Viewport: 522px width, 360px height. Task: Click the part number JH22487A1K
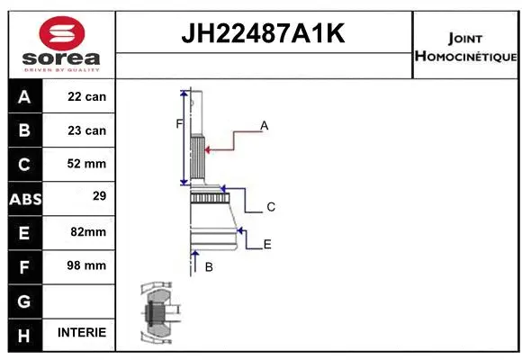[x=264, y=34]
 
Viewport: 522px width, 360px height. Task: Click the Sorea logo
[x=62, y=44]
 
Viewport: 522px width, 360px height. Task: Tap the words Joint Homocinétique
[x=464, y=48]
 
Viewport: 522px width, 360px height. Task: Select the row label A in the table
[x=24, y=97]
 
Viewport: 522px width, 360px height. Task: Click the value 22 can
[x=87, y=97]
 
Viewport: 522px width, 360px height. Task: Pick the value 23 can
[x=87, y=130]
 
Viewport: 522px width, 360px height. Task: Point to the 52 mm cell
[x=87, y=164]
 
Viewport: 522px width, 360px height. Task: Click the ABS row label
[x=24, y=198]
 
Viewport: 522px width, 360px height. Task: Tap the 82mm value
[x=87, y=231]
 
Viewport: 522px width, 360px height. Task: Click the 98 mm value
[x=87, y=265]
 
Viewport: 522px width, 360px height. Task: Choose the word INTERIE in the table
[x=81, y=332]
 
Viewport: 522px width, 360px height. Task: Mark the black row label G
[x=24, y=300]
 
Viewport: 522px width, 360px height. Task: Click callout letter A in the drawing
[x=265, y=126]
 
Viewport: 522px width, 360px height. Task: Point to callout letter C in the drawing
[x=270, y=207]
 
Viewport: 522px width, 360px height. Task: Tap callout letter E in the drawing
[x=267, y=244]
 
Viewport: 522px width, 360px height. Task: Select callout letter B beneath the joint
[x=209, y=267]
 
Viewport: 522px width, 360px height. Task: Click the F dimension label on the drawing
[x=179, y=123]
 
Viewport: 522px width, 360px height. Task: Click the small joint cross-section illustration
[x=157, y=315]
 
